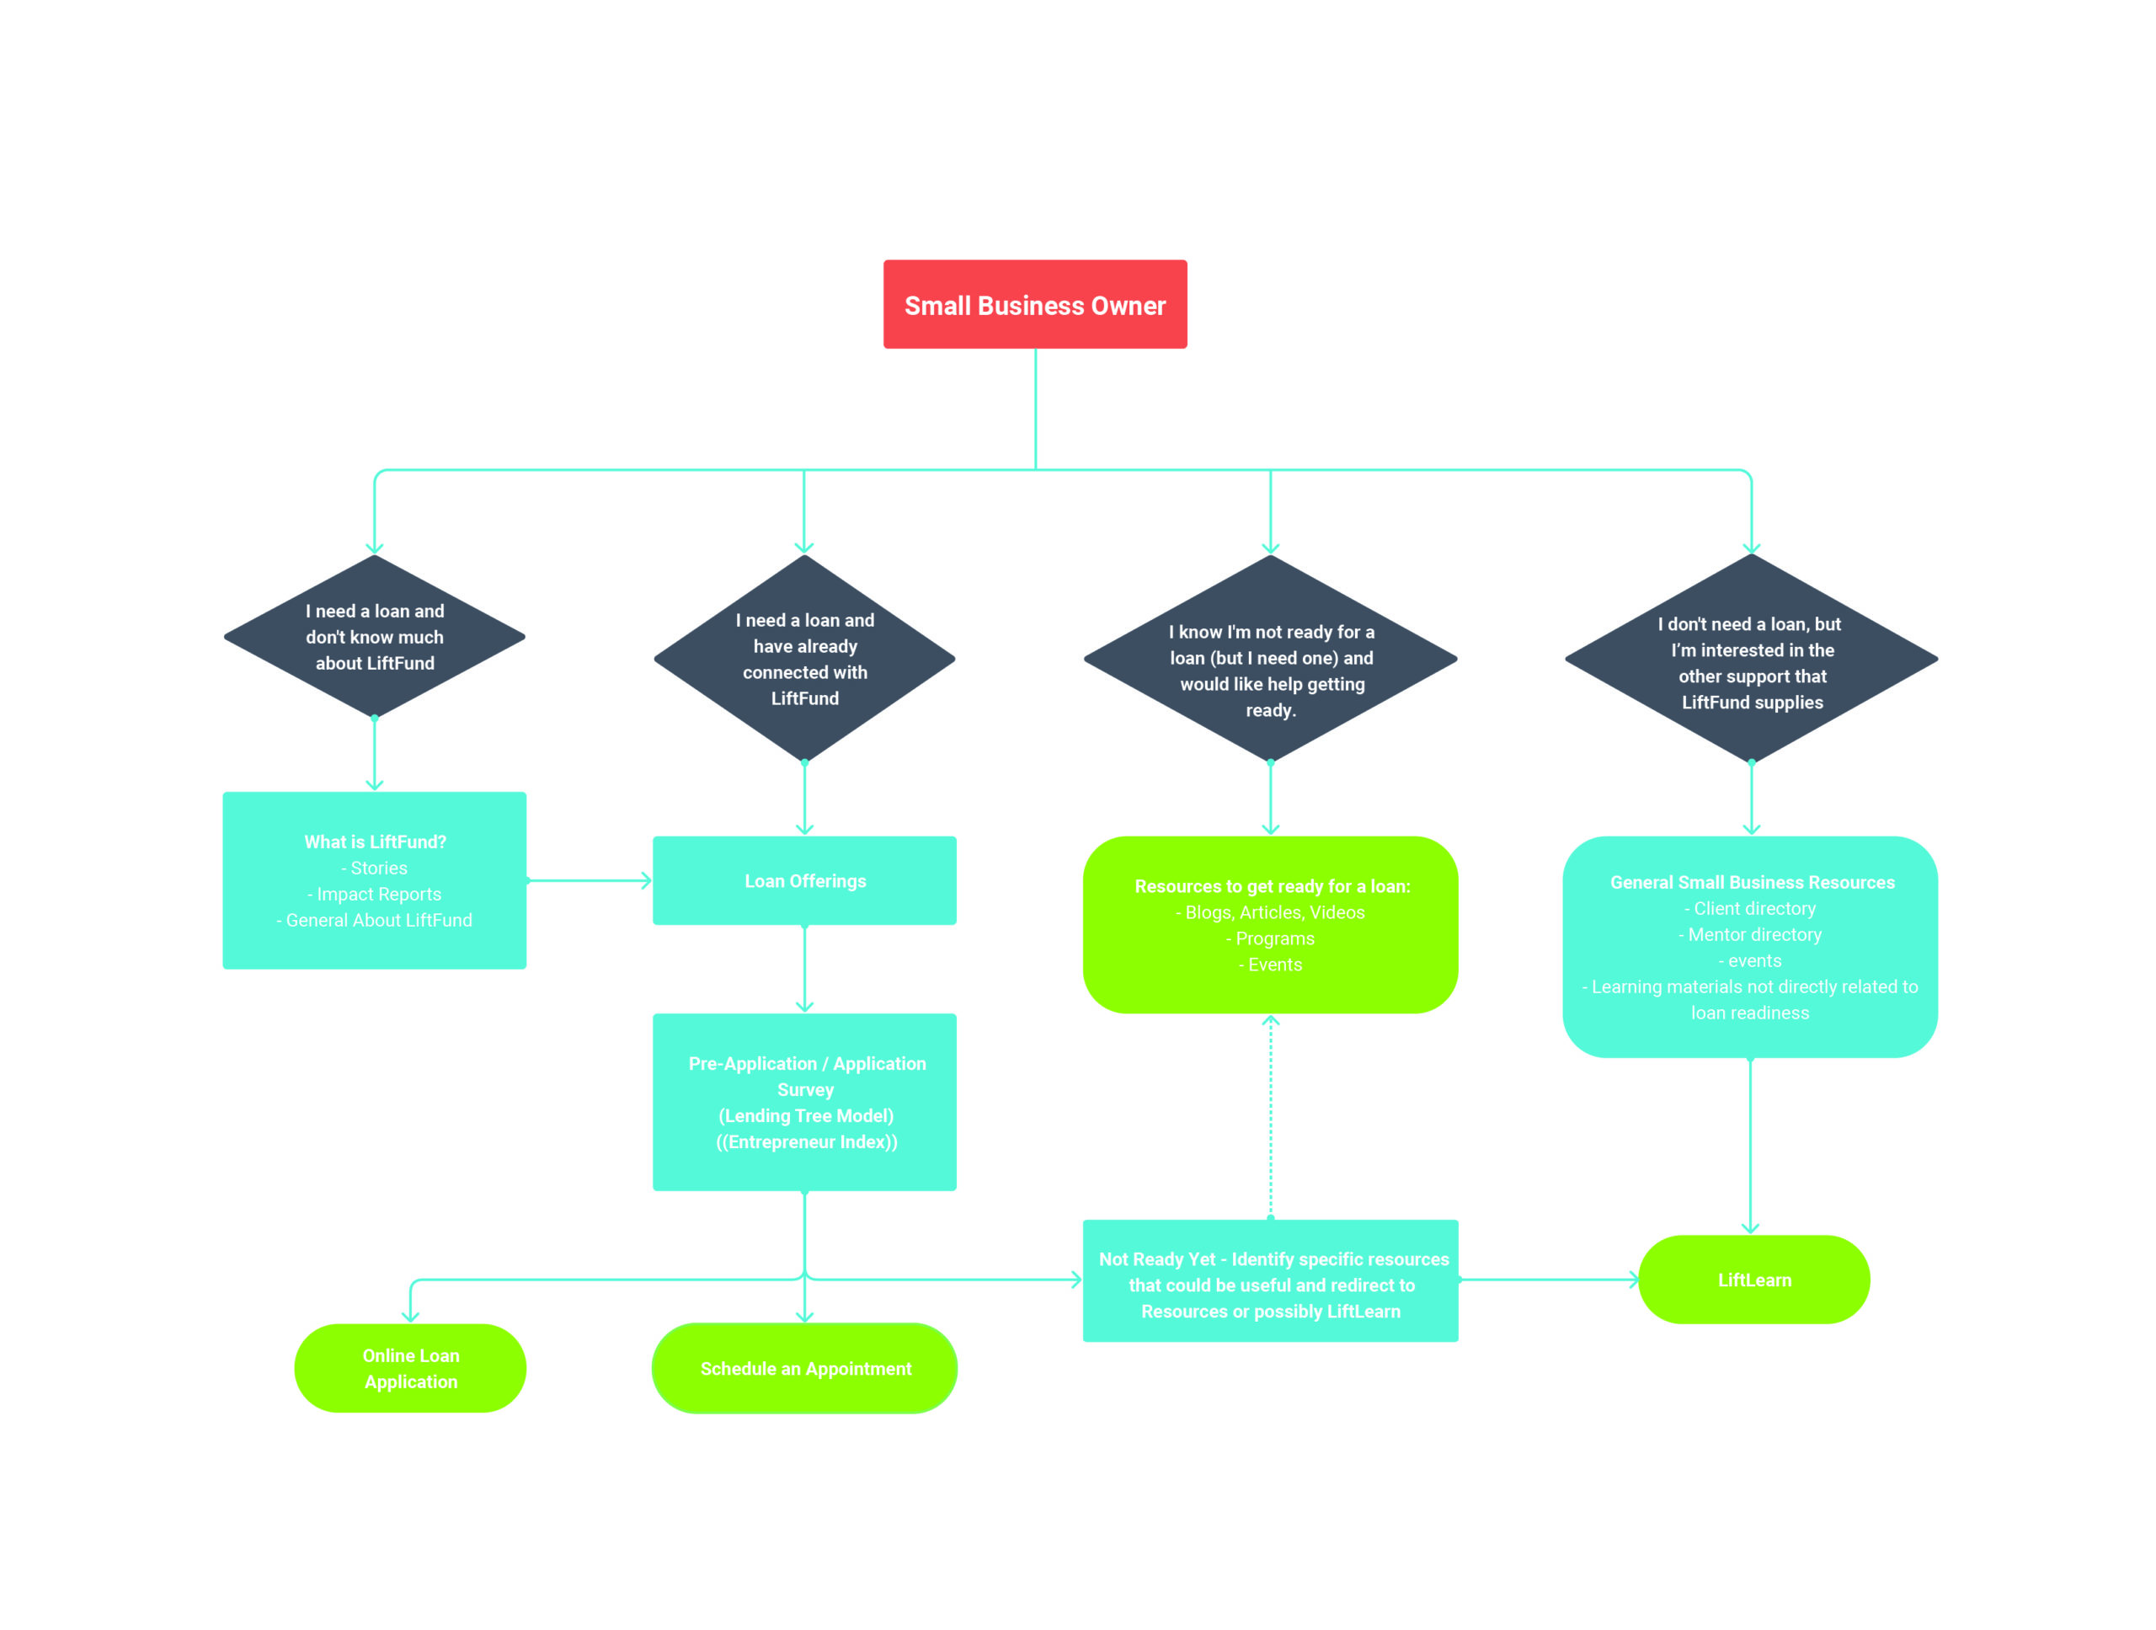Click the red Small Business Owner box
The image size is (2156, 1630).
1035,304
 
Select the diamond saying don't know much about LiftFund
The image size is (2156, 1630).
374,637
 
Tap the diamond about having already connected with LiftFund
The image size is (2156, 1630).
804,658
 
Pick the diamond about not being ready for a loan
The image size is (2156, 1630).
1270,658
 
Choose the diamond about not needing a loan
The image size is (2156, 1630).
1752,658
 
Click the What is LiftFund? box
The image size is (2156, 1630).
374,880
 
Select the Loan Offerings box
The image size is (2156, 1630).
804,880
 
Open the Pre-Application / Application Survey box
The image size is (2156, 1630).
804,1102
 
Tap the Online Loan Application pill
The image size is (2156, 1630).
410,1368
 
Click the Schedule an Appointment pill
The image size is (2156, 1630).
804,1368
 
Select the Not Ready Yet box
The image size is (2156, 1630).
1270,1280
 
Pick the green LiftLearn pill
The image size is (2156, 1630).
1753,1279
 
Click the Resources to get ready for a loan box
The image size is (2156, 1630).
1270,924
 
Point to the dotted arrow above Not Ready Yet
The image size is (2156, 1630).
1270,1116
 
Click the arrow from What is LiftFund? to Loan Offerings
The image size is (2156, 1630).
590,880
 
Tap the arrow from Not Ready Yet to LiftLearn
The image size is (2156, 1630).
1549,1279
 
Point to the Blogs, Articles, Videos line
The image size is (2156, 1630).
1270,912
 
